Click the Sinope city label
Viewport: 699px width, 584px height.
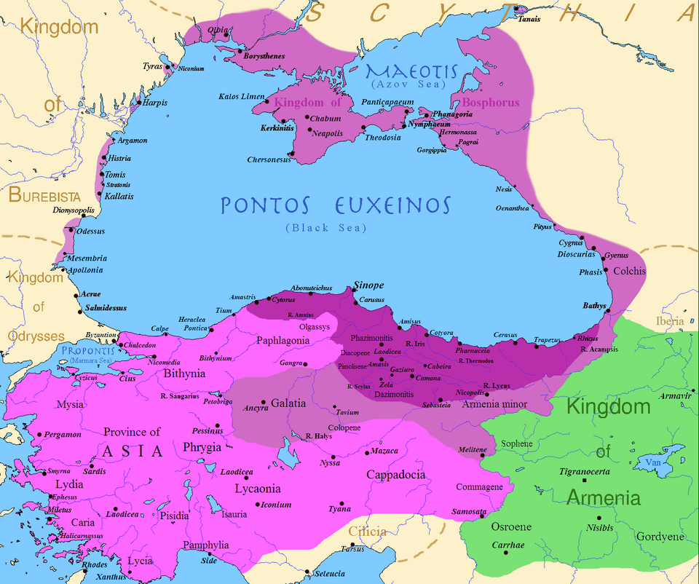pos(368,285)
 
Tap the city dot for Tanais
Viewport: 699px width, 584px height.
pos(517,9)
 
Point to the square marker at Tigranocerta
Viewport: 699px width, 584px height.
pos(584,481)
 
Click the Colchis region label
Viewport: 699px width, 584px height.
pos(630,271)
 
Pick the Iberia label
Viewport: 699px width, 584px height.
pos(670,321)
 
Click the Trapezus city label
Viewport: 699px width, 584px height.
pos(548,340)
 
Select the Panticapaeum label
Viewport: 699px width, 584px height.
pos(387,103)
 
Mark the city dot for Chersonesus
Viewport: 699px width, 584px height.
pos(291,154)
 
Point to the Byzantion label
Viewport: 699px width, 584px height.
pos(101,335)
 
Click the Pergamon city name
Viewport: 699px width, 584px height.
pos(63,435)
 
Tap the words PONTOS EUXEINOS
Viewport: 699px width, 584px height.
pos(336,205)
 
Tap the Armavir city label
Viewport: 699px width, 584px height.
pos(673,395)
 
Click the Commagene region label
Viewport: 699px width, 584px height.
pos(479,487)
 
